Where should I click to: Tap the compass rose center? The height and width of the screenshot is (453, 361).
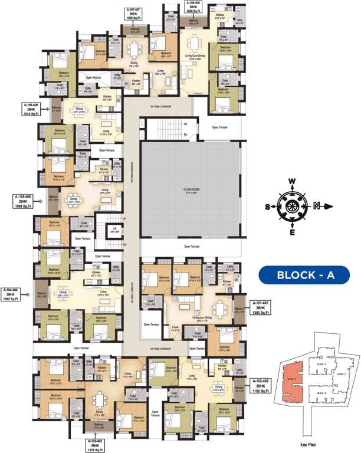tap(292, 206)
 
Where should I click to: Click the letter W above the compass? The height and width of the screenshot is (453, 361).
tap(291, 182)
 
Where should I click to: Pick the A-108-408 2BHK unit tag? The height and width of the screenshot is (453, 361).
tap(195, 6)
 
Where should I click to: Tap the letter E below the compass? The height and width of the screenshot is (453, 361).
tap(292, 232)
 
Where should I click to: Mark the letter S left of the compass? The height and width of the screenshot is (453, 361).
tap(267, 206)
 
